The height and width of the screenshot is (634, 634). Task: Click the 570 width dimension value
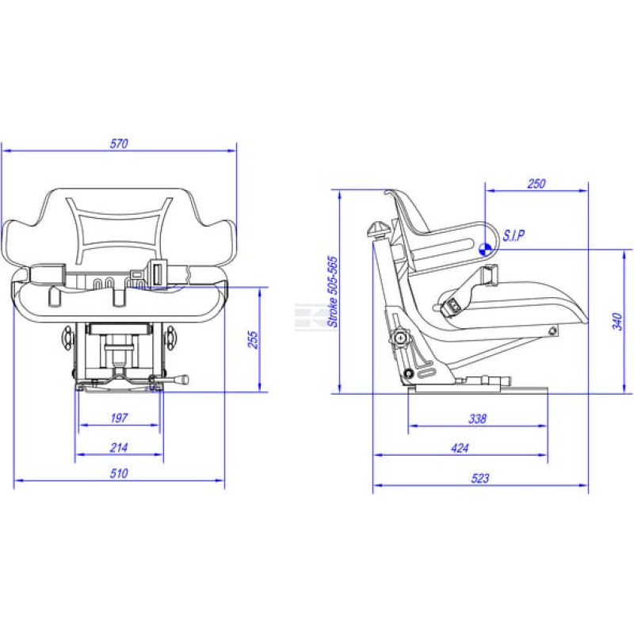pyautogui.click(x=119, y=143)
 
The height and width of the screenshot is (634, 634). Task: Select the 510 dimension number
pyautogui.click(x=119, y=473)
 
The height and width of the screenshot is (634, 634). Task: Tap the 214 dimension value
pyautogui.click(x=119, y=448)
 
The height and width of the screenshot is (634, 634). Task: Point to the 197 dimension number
pyautogui.click(x=119, y=418)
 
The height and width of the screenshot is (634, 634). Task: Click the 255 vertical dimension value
pyautogui.click(x=253, y=340)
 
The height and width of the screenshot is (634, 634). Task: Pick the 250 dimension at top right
pyautogui.click(x=537, y=184)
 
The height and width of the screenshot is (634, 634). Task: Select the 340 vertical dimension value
pyautogui.click(x=617, y=322)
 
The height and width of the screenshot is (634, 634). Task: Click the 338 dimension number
pyautogui.click(x=477, y=418)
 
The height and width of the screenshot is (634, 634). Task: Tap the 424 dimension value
pyautogui.click(x=460, y=448)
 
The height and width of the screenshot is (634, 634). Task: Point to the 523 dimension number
pyautogui.click(x=480, y=479)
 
